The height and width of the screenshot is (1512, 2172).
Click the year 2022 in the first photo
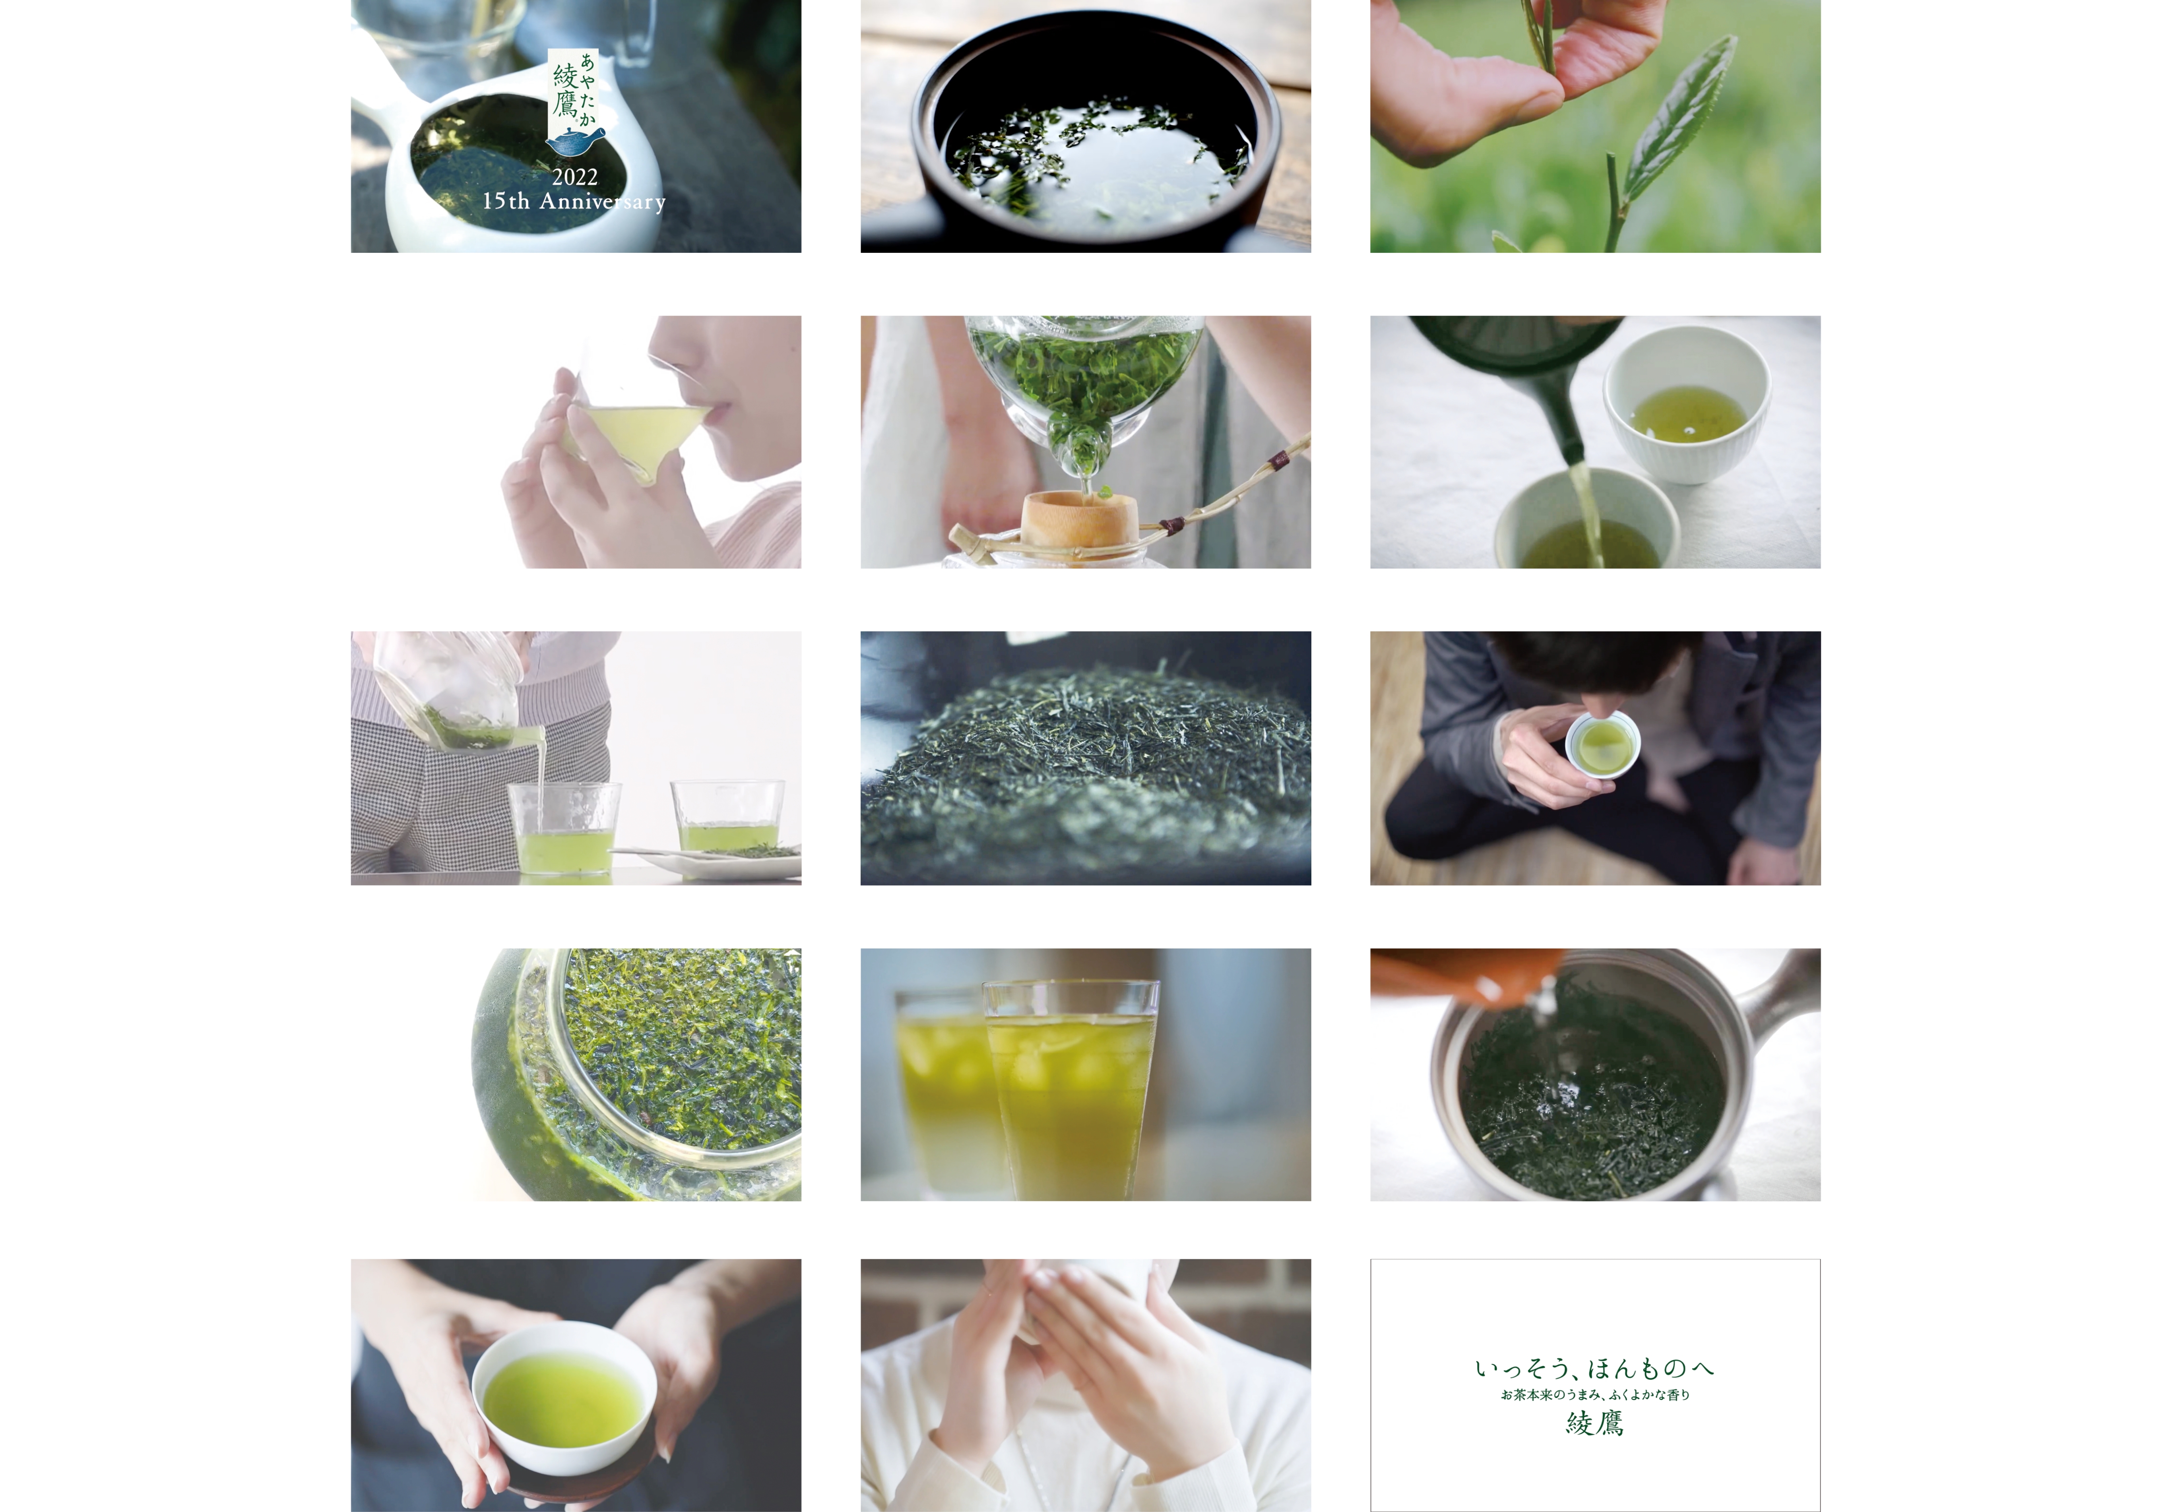click(575, 177)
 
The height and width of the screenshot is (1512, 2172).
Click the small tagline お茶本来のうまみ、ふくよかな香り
click(1595, 1395)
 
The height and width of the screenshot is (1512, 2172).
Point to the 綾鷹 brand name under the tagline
click(1595, 1423)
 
